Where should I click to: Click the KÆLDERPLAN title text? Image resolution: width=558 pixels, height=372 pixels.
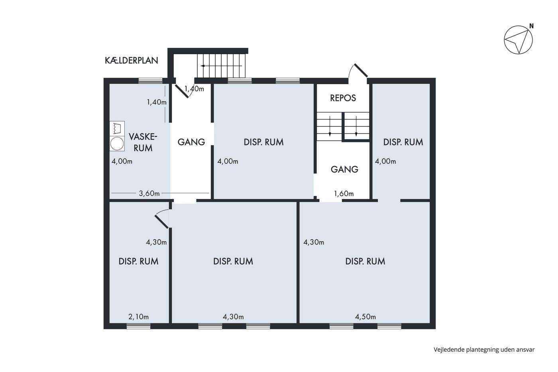(x=131, y=61)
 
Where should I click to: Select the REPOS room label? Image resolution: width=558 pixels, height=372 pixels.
(x=343, y=98)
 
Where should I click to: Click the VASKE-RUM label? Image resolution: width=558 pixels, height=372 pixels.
(x=143, y=142)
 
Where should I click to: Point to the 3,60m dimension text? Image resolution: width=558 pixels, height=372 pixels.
(x=149, y=194)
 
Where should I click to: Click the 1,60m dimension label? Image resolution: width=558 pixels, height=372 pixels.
(x=344, y=194)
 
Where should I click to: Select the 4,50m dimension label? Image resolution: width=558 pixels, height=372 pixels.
(x=365, y=317)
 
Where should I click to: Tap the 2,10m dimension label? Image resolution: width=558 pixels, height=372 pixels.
(x=139, y=317)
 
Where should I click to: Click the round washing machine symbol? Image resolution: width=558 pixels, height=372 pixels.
(x=117, y=144)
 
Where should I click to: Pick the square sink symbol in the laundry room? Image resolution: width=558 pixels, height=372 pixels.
(x=117, y=128)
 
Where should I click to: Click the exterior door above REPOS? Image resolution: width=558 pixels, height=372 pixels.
(x=360, y=71)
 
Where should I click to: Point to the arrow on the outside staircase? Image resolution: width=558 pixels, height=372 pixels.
(x=221, y=66)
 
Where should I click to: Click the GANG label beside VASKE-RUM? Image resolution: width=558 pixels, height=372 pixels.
(x=191, y=142)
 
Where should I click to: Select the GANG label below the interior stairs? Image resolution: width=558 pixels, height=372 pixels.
(x=344, y=169)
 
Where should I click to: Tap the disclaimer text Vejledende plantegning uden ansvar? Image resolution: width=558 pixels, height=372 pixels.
(x=484, y=350)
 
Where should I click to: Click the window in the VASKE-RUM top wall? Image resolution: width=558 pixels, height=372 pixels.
(x=150, y=81)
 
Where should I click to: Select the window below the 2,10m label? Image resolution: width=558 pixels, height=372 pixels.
(x=139, y=326)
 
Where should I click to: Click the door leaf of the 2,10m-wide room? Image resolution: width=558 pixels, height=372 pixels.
(x=161, y=222)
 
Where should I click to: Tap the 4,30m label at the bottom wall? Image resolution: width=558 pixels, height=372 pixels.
(x=233, y=317)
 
